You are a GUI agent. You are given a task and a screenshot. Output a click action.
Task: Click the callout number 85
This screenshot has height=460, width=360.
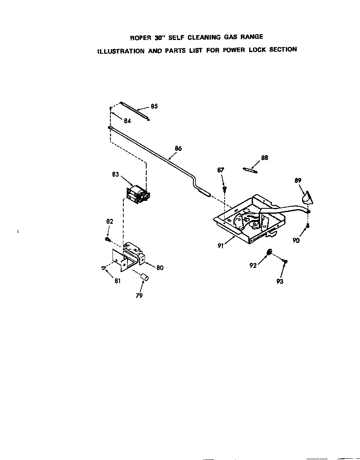154,106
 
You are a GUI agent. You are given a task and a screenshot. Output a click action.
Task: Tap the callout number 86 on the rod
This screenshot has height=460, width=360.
178,148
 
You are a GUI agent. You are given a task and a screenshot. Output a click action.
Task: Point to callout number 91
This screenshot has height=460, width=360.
221,246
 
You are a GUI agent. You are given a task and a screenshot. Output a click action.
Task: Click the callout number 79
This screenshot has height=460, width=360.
139,295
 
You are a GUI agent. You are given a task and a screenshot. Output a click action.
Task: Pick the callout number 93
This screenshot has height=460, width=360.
280,282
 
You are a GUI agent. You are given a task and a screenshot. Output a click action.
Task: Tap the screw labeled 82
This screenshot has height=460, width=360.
107,239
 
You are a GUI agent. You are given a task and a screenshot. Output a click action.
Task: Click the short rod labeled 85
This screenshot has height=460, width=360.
134,111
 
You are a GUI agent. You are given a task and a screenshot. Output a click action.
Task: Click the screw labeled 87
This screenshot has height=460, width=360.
225,189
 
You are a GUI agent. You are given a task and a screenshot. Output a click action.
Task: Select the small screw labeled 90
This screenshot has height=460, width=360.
307,225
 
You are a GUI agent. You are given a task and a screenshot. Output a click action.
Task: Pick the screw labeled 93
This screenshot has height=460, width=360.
285,261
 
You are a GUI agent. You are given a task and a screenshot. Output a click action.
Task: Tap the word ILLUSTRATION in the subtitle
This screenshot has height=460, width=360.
121,51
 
